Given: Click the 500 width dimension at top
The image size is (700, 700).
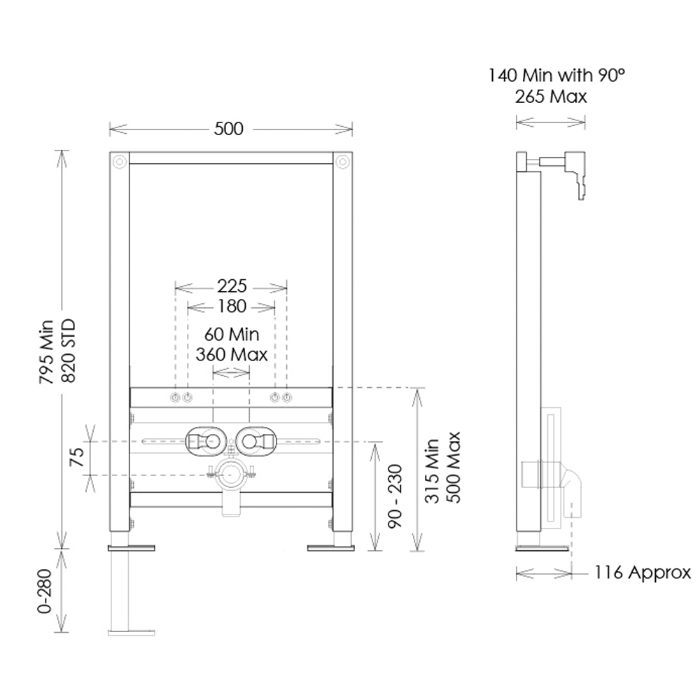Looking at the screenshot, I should pyautogui.click(x=229, y=129).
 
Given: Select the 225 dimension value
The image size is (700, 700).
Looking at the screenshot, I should pyautogui.click(x=232, y=286).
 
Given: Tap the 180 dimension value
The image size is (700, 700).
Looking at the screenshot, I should pyautogui.click(x=232, y=306).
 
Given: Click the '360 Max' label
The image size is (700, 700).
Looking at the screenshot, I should pyautogui.click(x=232, y=354).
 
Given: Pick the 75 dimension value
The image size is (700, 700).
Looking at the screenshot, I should pyautogui.click(x=76, y=458).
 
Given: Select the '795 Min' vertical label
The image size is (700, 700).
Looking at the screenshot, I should pyautogui.click(x=47, y=350).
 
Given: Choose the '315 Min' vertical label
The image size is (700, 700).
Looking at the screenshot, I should pyautogui.click(x=432, y=470).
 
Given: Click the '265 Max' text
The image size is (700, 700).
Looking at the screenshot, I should pyautogui.click(x=550, y=97).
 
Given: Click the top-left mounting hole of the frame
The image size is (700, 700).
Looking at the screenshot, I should pyautogui.click(x=120, y=162).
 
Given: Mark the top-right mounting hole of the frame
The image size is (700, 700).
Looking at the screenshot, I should pyautogui.click(x=342, y=162).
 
